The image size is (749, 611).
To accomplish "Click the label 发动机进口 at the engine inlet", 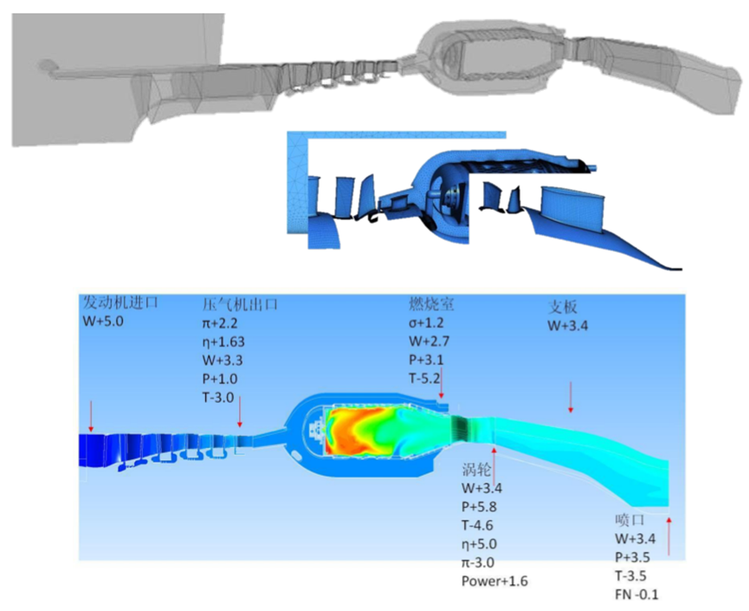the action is pos(120,302).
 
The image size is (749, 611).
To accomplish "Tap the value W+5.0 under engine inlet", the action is pos(103,322).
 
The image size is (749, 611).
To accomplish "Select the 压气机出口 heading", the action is pos(240,304).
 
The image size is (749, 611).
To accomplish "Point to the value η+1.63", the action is pos(223,341).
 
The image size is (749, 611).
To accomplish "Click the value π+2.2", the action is pos(220,323).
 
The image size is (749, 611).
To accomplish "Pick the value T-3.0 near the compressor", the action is pos(218,397).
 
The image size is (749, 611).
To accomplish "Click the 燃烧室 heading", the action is pos(431,304).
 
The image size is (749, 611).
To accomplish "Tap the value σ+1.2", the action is pos(426,322).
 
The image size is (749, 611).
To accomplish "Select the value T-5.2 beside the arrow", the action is pos(424,379).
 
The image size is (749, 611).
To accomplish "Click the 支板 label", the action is pos(562,307).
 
